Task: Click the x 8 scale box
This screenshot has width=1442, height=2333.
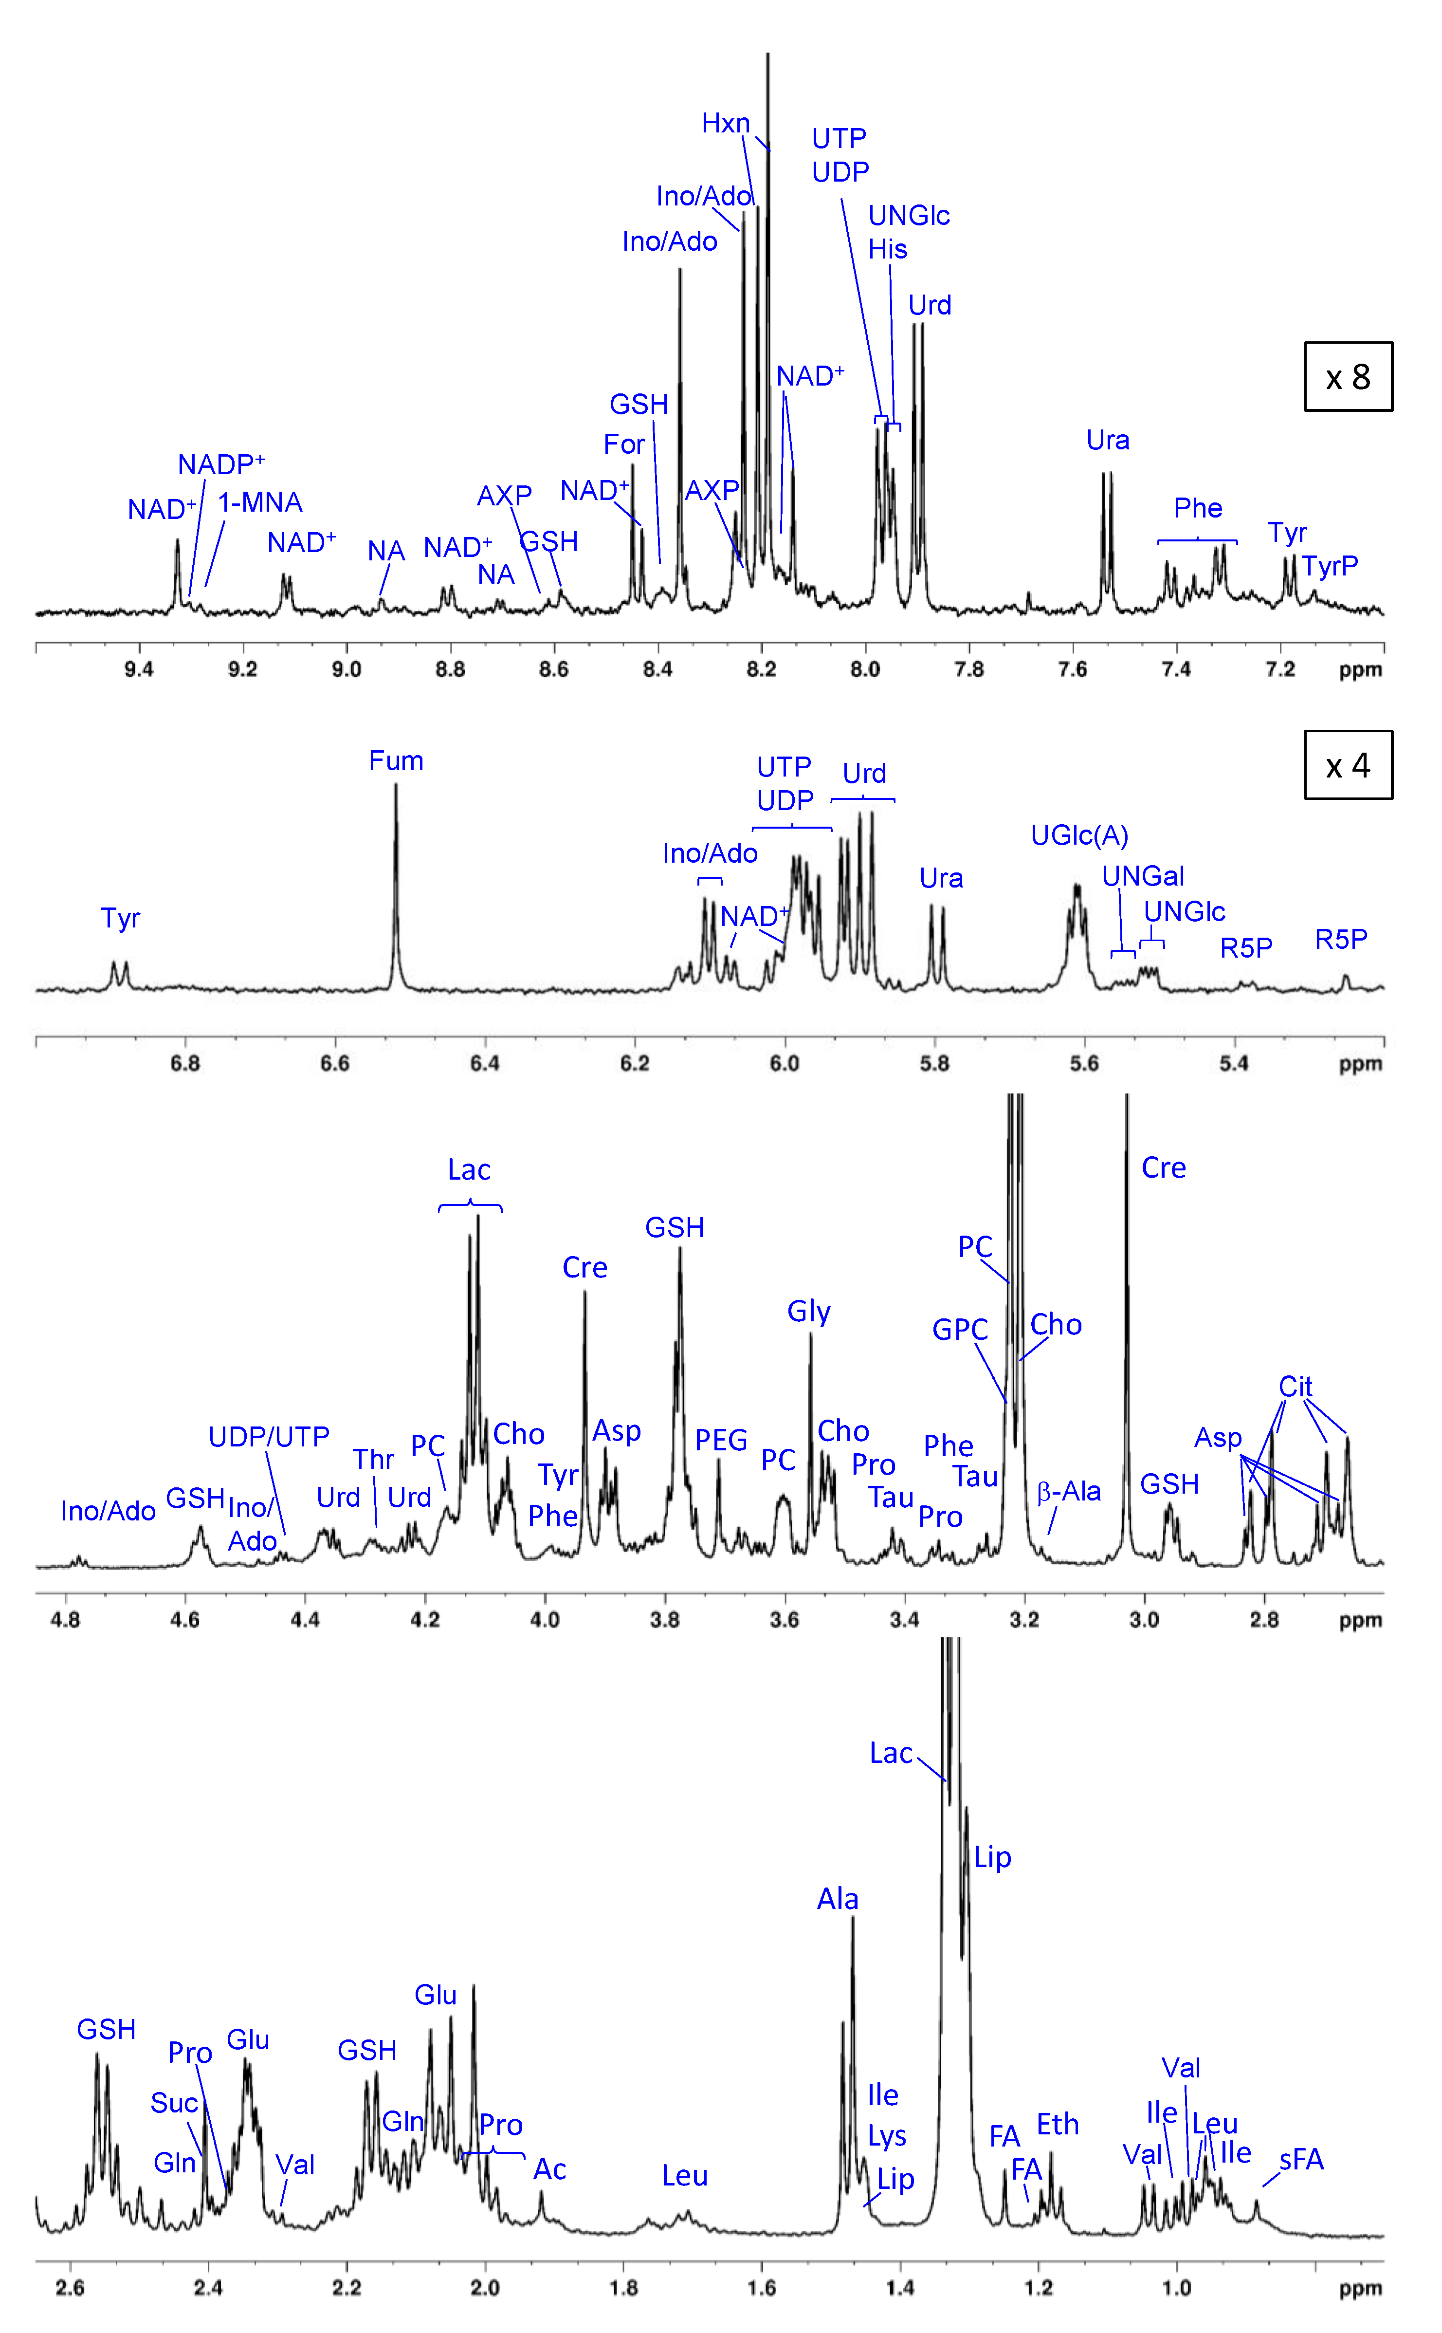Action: point(1348,377)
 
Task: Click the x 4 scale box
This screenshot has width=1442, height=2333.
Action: point(1348,765)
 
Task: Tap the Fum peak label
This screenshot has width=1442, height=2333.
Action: point(396,761)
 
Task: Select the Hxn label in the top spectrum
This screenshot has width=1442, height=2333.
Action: point(726,123)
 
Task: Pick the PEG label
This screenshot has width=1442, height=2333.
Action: point(721,1440)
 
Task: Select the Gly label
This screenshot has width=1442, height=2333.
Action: point(809,1312)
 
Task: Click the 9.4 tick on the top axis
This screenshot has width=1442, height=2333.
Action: point(139,669)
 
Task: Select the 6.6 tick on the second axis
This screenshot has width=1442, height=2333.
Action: point(335,1063)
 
